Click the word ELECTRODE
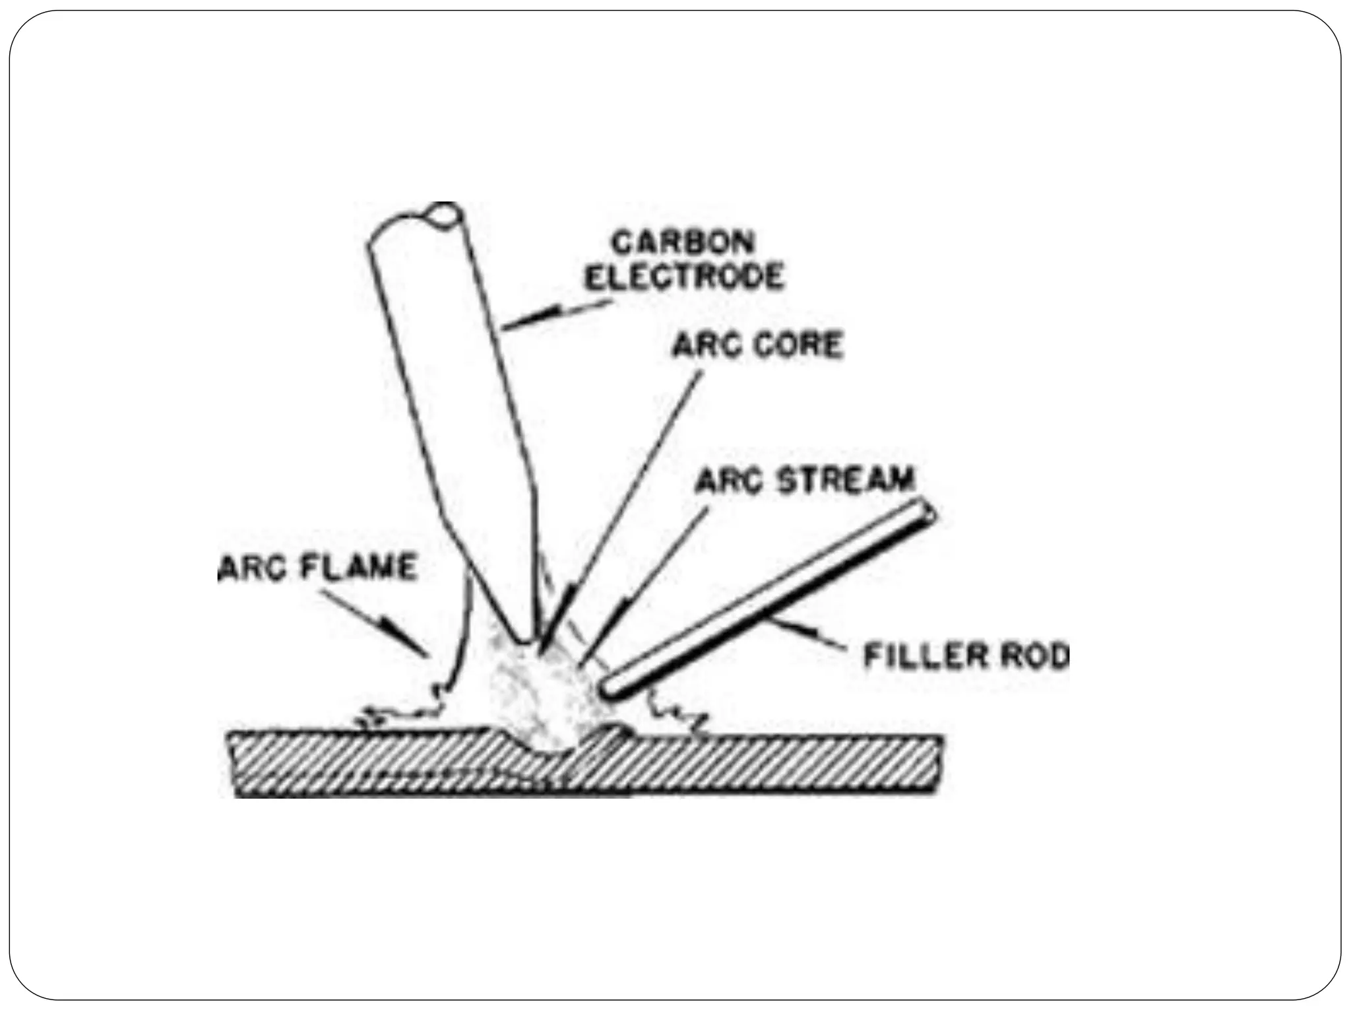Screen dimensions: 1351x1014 (x=685, y=277)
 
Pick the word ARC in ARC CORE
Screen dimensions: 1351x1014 (x=701, y=345)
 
